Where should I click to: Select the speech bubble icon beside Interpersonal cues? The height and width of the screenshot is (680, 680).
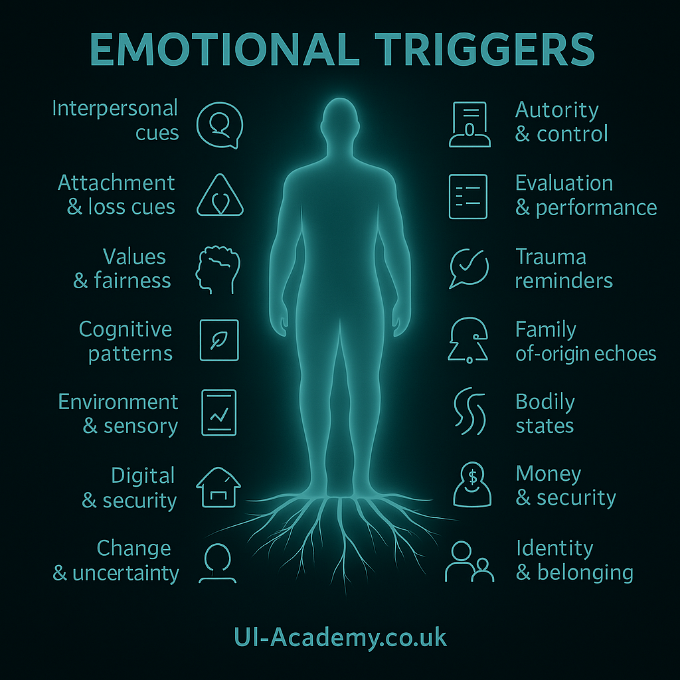220,124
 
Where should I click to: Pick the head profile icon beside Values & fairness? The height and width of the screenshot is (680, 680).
215,268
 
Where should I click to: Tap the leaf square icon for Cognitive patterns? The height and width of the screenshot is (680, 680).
219,340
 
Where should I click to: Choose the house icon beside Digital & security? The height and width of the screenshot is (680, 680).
218,487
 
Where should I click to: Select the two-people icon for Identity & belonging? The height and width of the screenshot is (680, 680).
469,561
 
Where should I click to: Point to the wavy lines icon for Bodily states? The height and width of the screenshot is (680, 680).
469,412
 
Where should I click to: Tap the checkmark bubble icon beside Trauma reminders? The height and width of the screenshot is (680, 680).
469,268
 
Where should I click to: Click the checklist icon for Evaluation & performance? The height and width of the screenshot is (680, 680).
468,197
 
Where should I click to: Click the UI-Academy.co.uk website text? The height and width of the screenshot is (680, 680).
341,638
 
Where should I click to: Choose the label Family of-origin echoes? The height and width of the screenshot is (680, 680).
586,341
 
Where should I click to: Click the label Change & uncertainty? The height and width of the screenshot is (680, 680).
116,560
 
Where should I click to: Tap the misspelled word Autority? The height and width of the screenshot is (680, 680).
556,110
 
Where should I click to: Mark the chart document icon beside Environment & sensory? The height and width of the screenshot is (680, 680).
218,412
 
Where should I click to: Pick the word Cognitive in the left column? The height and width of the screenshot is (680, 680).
126,329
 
